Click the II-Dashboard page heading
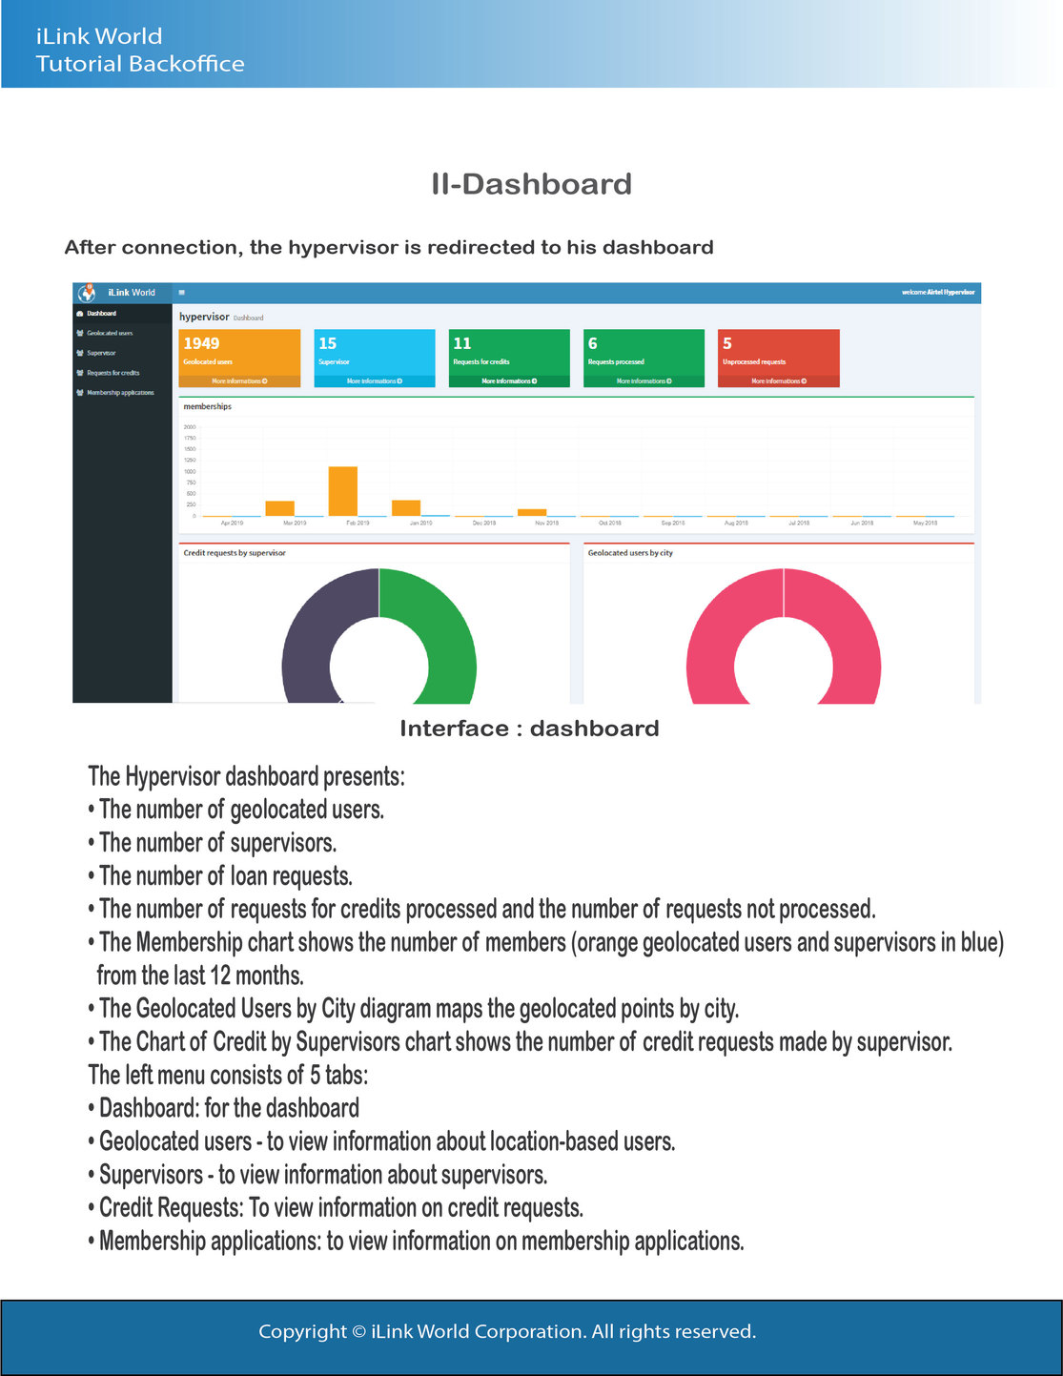[x=531, y=184]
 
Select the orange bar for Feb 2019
[x=343, y=491]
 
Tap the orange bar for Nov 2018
[x=532, y=512]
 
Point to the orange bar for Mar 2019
[x=279, y=507]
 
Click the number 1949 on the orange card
[x=201, y=343]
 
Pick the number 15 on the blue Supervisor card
[x=327, y=343]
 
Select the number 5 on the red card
[x=727, y=343]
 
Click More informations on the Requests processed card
[x=644, y=381]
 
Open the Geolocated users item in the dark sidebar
[x=110, y=333]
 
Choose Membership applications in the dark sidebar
[x=120, y=393]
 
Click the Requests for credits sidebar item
[x=112, y=373]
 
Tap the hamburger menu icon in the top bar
[x=181, y=293]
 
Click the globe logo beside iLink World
[x=87, y=292]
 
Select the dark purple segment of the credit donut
[x=310, y=639]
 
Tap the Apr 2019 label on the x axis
[x=232, y=524]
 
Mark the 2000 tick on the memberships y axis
[x=190, y=427]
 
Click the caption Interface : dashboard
[x=529, y=729]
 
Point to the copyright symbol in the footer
[x=358, y=1331]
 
